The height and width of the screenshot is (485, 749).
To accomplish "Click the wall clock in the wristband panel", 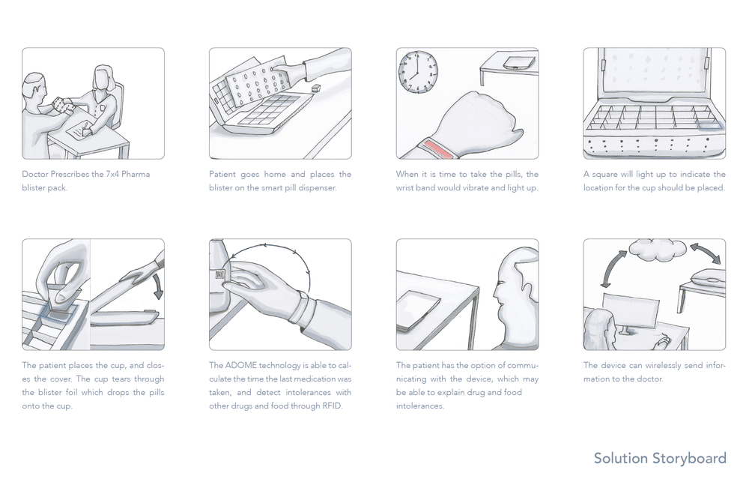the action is pyautogui.click(x=419, y=72).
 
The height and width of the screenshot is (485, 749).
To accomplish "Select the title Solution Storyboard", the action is pyautogui.click(x=660, y=458).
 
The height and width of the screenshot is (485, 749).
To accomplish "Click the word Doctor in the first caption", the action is pyautogui.click(x=35, y=174).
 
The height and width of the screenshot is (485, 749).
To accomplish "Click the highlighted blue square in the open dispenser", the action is pyautogui.click(x=709, y=125).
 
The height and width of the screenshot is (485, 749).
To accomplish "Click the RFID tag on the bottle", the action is pyautogui.click(x=219, y=275).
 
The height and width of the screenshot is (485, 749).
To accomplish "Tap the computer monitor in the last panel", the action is pyautogui.click(x=631, y=310).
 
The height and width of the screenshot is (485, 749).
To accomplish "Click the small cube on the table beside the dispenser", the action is pyautogui.click(x=315, y=88).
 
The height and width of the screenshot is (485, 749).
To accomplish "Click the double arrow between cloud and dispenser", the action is pyautogui.click(x=705, y=253).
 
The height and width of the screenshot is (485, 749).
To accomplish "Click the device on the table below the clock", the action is pyautogui.click(x=518, y=63).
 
